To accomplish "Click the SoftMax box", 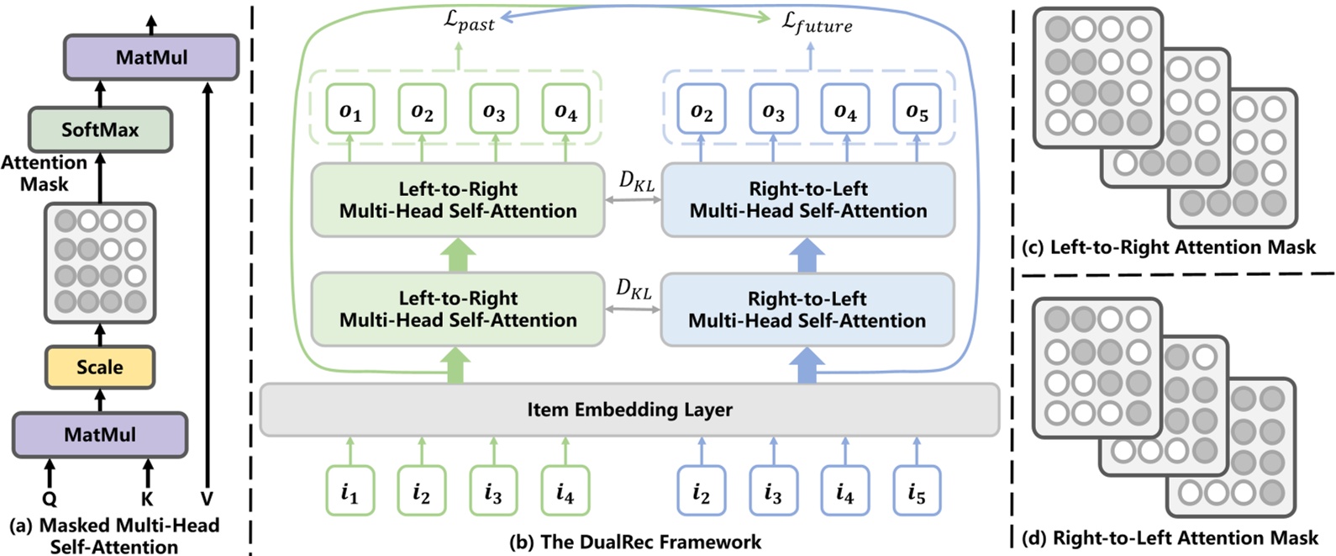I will (100, 130).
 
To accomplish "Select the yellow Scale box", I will (99, 368).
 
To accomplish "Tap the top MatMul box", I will (151, 58).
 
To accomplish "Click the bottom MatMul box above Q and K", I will (99, 435).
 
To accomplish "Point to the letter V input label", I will (207, 499).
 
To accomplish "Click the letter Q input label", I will (50, 500).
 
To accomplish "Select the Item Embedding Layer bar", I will (629, 410).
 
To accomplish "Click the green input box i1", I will (350, 491).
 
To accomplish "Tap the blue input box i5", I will (917, 491).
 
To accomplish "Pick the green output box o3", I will (493, 110).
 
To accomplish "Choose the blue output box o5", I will (917, 110).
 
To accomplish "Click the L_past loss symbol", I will (469, 21).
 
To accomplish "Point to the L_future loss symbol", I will (816, 23).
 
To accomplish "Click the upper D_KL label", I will (636, 181).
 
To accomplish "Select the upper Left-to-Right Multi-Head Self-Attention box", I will (458, 199).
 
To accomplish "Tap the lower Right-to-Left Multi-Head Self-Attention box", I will (807, 310).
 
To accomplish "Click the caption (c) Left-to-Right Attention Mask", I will (1168, 247).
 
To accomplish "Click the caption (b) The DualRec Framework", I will (635, 542).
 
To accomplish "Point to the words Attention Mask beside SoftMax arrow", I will (44, 173).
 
